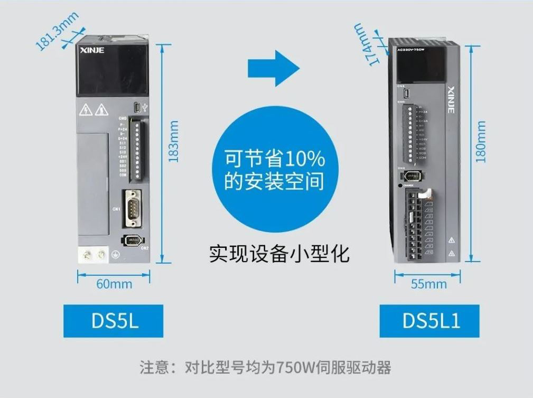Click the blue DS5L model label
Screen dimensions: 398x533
(x=113, y=321)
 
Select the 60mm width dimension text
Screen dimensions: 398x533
(x=114, y=284)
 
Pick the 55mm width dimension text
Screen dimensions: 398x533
(x=429, y=284)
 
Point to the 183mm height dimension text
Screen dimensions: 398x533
(x=174, y=141)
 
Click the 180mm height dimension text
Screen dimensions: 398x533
(x=481, y=142)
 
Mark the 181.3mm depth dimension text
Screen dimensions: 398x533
(x=57, y=31)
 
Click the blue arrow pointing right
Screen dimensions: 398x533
(x=274, y=69)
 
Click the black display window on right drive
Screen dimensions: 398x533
(x=420, y=67)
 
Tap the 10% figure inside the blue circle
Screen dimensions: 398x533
(x=302, y=158)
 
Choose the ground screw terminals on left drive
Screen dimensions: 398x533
(x=93, y=256)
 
